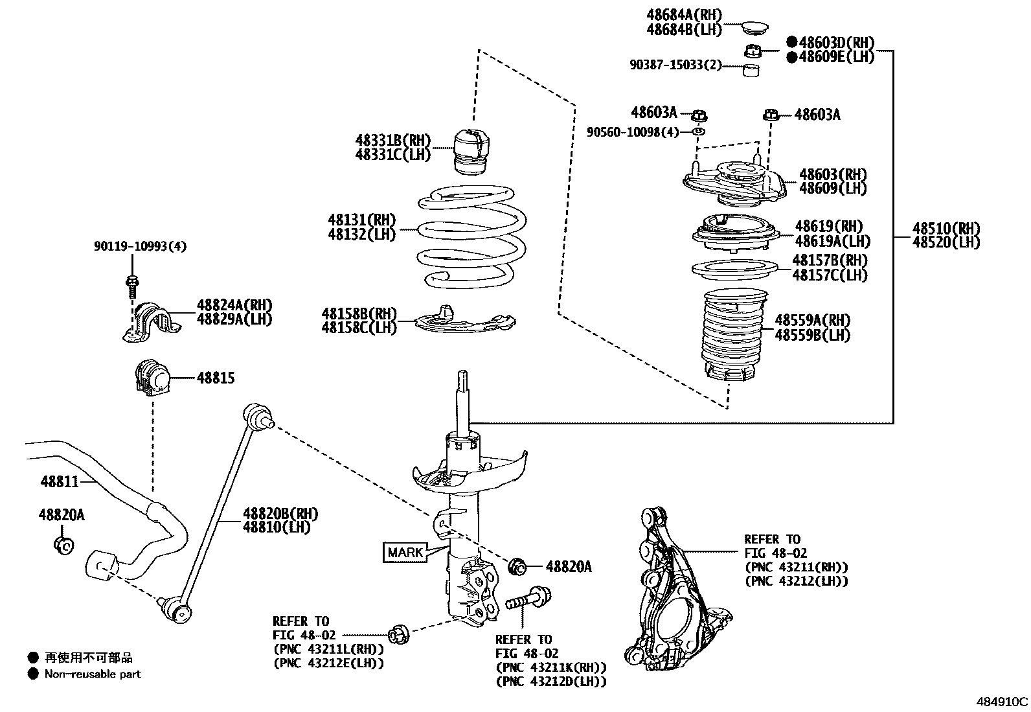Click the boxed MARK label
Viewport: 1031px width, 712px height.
coord(405,552)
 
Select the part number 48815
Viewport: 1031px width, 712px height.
coord(216,378)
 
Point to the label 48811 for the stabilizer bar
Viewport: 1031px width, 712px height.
coord(60,481)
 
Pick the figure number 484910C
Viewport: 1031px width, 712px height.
coord(1002,702)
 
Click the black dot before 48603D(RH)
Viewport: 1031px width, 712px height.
coord(791,42)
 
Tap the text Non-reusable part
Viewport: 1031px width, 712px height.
coord(92,674)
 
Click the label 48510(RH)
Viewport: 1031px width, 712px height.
coord(946,228)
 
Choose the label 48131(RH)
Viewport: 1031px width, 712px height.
coord(362,220)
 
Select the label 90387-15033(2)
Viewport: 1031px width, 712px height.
coord(675,65)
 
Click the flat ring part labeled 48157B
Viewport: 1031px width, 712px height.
coord(733,268)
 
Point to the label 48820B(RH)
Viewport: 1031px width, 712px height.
coord(280,514)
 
